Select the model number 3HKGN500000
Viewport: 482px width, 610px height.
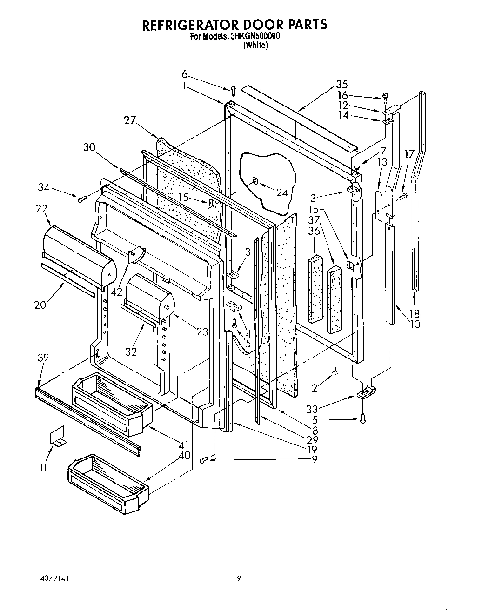click(254, 37)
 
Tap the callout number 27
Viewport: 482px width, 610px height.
click(130, 120)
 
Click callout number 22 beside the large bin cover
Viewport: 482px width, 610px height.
click(41, 209)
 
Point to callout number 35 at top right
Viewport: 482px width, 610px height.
click(342, 85)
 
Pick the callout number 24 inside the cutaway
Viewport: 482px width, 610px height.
click(282, 192)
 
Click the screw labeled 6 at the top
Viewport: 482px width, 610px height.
click(233, 89)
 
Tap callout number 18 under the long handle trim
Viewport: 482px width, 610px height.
click(414, 313)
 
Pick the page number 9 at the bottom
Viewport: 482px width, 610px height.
click(239, 578)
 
